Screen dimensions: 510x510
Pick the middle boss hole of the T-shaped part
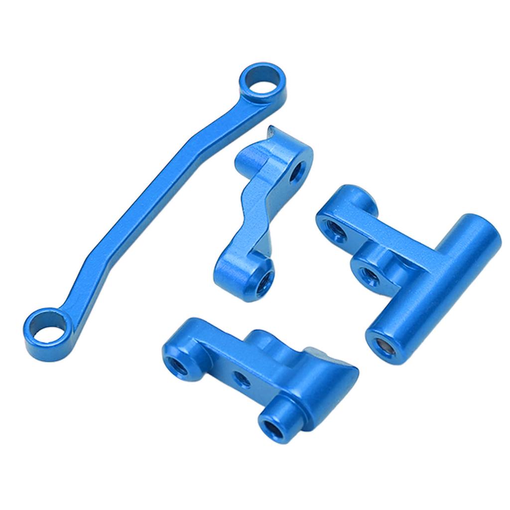(x=368, y=272)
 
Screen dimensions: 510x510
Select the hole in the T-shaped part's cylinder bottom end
(x=382, y=344)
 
